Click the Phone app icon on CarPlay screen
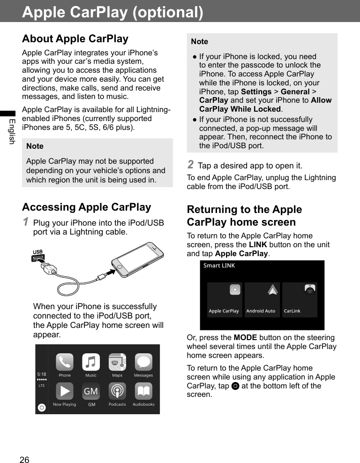pos(65,362)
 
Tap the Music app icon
pos(91,362)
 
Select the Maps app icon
pos(117,362)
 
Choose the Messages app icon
pos(143,362)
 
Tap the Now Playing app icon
pos(65,391)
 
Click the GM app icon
pos(91,391)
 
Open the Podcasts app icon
pos(117,391)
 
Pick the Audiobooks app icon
pos(143,391)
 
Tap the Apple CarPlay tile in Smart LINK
pos(225,300)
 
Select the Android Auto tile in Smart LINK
pos(262,300)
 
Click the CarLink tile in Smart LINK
pos(300,300)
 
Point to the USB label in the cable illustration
pos(37,252)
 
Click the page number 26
pos(24,460)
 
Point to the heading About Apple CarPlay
pos(75,38)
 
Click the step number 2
pos(190,164)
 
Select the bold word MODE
pos(244,338)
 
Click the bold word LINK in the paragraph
pos(257,245)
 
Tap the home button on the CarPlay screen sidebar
pos(42,408)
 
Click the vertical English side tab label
pos(12,131)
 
